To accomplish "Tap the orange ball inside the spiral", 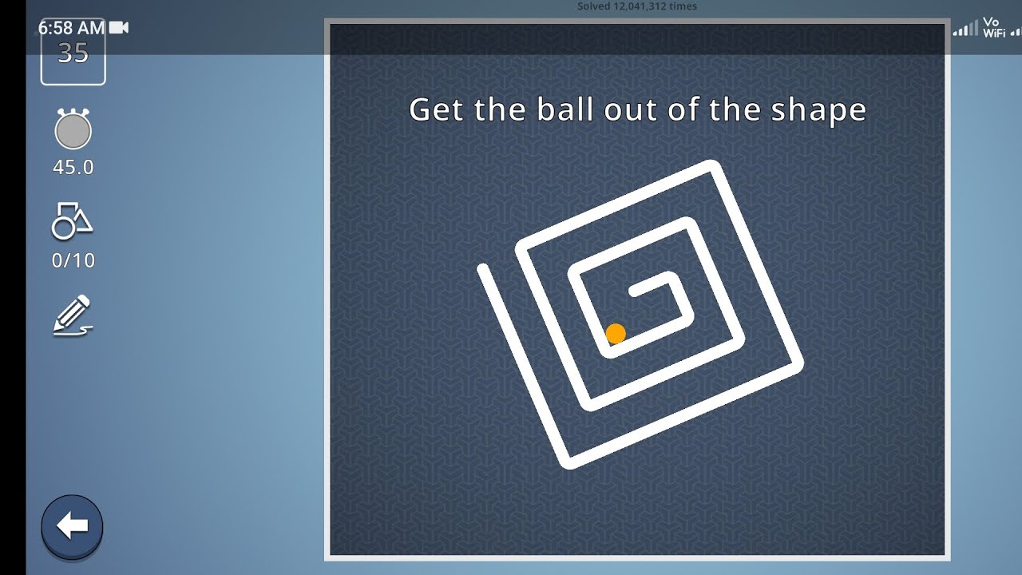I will [615, 334].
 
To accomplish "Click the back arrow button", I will [73, 526].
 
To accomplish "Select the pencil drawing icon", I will [73, 315].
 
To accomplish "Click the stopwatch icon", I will [73, 129].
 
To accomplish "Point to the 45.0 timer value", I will [73, 168].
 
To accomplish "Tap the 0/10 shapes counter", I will [73, 260].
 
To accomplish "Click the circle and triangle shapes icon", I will [72, 222].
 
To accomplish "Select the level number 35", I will [73, 54].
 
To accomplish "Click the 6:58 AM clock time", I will [71, 28].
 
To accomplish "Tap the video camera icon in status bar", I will [119, 28].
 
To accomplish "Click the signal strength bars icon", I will [965, 30].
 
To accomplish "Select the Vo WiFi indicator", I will [992, 28].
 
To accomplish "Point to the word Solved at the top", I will [594, 6].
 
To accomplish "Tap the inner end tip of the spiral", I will [634, 292].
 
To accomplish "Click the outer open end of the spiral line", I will [483, 268].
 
